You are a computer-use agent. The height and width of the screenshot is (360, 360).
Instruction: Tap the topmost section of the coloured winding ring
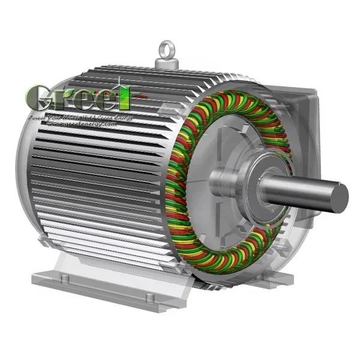pyautogui.click(x=231, y=96)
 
